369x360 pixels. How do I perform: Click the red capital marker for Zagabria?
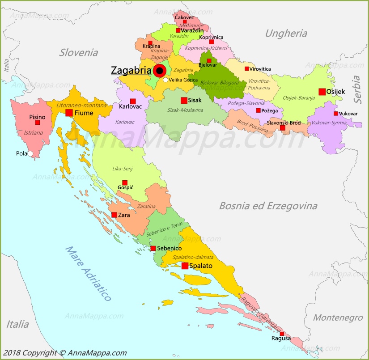click(159, 71)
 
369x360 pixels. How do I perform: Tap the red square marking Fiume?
click(69, 113)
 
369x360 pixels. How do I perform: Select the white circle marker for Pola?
click(30, 153)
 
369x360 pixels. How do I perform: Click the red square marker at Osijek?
click(322, 92)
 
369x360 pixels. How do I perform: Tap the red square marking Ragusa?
click(282, 334)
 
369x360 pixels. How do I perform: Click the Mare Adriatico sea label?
click(88, 273)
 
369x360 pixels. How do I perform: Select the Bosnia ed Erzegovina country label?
click(268, 206)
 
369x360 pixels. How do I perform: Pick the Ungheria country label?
click(286, 33)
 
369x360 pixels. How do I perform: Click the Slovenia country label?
click(79, 53)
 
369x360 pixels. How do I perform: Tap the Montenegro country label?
click(337, 318)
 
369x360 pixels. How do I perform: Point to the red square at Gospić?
click(125, 182)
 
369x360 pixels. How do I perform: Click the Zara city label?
click(124, 215)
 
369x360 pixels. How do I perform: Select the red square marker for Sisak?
click(184, 100)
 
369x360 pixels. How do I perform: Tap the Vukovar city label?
click(348, 114)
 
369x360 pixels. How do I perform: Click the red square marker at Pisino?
click(38, 122)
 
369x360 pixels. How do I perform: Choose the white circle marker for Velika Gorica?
click(165, 80)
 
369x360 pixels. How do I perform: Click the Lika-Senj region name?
click(122, 169)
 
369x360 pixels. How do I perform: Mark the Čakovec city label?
click(184, 17)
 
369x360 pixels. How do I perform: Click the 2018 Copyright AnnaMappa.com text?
click(64, 353)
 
